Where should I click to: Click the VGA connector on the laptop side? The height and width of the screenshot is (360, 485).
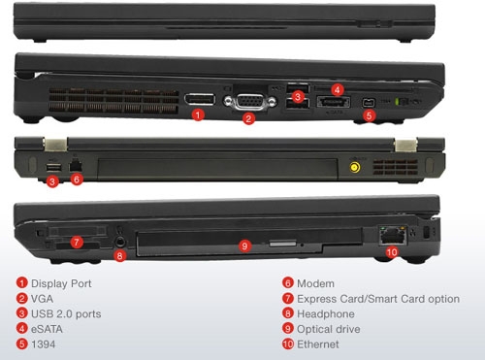[250, 102]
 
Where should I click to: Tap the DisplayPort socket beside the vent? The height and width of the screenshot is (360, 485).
[200, 99]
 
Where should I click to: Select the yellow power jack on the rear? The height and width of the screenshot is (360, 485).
[355, 167]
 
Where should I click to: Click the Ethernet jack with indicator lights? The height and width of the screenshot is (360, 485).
[393, 236]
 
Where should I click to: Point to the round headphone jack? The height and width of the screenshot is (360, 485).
[120, 242]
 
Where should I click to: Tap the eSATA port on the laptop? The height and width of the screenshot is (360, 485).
[333, 102]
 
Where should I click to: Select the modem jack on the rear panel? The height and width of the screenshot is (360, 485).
[76, 166]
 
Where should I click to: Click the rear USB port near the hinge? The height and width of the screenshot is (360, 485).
[54, 167]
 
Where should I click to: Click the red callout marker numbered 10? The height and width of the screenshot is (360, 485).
[392, 252]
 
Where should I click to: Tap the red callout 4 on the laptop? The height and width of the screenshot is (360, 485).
[338, 90]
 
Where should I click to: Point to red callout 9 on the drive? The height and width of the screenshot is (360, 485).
[244, 246]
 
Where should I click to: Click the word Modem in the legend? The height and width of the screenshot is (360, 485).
[315, 283]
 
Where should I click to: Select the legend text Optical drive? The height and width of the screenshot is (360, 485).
[329, 329]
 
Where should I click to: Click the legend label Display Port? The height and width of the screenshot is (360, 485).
[61, 283]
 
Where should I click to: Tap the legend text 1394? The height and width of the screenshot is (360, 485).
[43, 344]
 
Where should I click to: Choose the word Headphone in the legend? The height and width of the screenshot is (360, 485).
[326, 314]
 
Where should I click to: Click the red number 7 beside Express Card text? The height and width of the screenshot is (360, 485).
[288, 299]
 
